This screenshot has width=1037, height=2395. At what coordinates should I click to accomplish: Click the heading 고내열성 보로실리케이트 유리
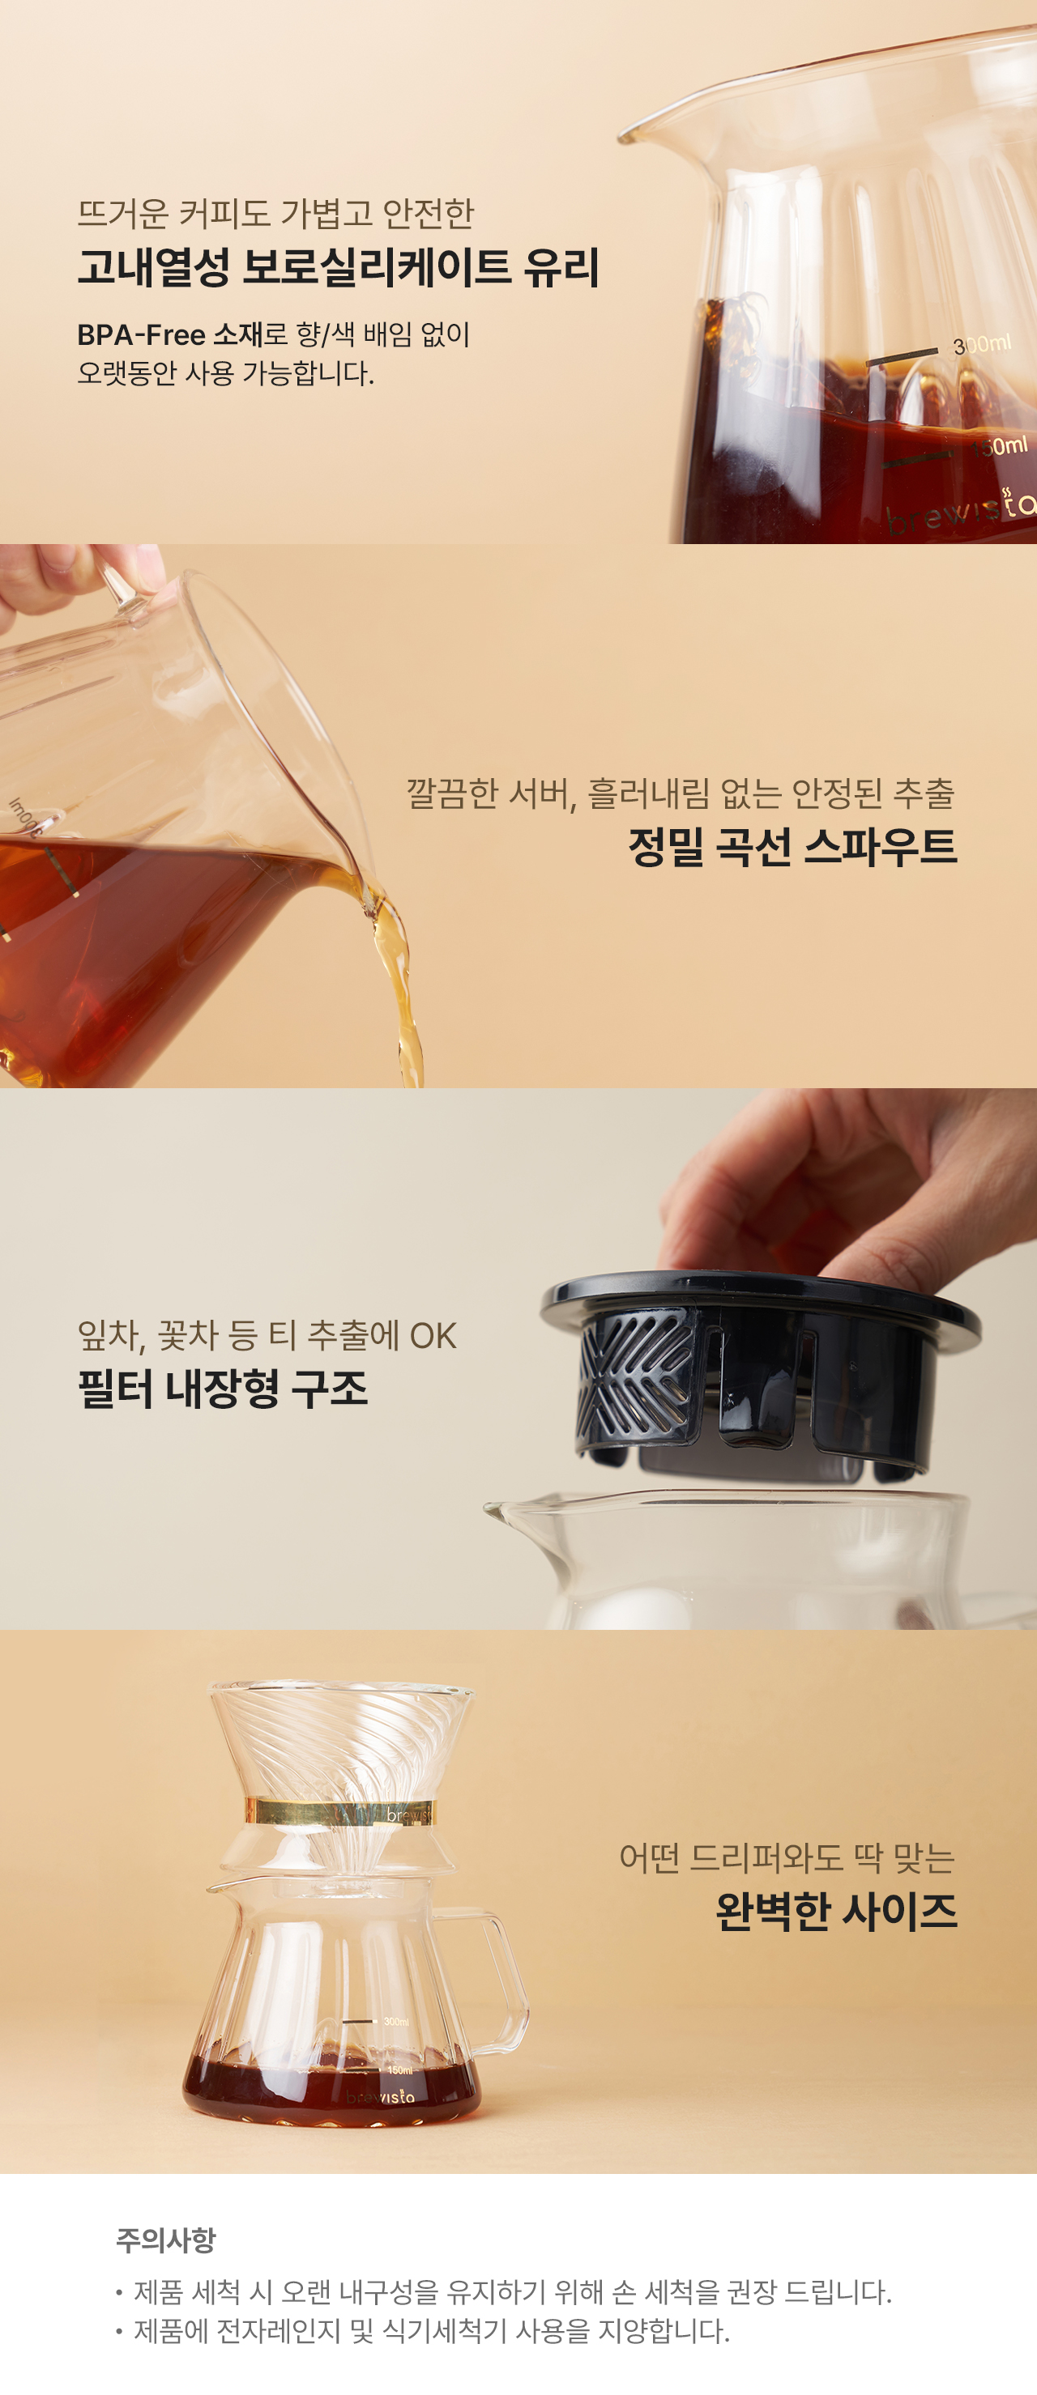[339, 267]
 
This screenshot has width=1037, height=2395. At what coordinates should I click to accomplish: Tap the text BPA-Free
[141, 334]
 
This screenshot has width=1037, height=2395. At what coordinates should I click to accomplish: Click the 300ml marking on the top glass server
[982, 345]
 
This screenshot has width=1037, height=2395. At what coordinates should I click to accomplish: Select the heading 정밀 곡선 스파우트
[792, 846]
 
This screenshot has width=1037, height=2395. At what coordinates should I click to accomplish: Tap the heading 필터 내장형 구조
[224, 1388]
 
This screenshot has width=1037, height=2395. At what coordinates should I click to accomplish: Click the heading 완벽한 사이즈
[836, 1912]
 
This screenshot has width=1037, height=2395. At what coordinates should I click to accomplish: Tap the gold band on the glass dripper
[339, 1812]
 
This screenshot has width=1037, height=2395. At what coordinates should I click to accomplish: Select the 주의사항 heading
[165, 2240]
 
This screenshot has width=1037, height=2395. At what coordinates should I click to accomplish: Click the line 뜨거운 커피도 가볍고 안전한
[275, 213]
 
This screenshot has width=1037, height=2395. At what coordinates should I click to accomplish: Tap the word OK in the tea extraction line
[433, 1336]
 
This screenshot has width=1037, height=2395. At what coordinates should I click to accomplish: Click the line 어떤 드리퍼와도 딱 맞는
[787, 1857]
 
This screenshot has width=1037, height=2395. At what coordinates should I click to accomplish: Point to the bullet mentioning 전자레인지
[423, 2331]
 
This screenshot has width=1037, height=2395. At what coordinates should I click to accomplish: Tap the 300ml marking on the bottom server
[396, 2021]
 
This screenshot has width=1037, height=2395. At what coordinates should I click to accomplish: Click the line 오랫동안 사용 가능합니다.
[226, 374]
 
